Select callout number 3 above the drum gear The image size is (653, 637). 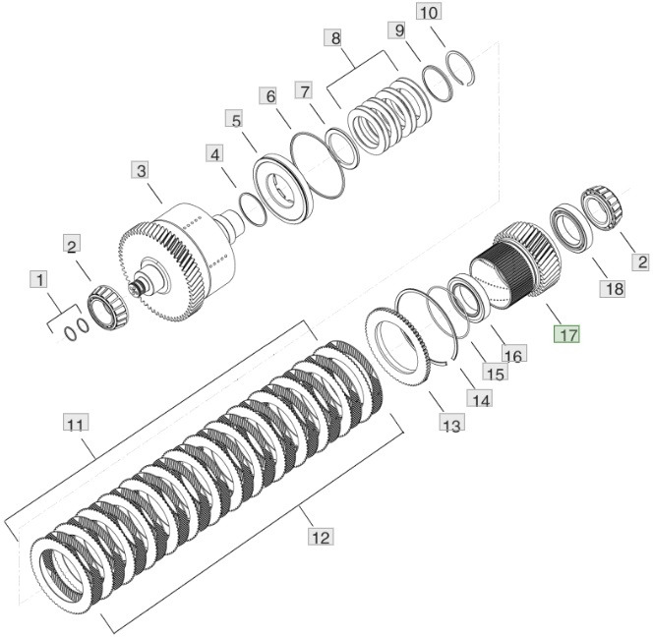coord(142,171)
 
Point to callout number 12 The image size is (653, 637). coord(320,537)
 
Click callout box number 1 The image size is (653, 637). coord(39,280)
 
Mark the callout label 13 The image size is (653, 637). coord(451,425)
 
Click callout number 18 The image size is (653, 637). coord(613,288)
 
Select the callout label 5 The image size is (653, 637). coord(233,120)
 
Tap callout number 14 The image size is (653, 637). coord(479,399)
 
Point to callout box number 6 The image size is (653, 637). coord(267,96)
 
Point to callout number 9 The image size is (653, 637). coord(399,31)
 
